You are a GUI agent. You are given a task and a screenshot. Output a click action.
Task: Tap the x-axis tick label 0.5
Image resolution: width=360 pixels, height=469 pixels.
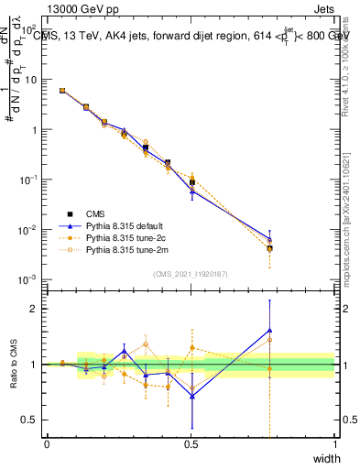pyautogui.click(x=191, y=444)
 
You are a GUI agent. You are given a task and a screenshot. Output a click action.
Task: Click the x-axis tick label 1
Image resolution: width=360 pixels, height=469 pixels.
pyautogui.click(x=335, y=444)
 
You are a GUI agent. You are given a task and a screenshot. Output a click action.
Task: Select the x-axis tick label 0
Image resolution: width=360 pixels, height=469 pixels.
pyautogui.click(x=47, y=444)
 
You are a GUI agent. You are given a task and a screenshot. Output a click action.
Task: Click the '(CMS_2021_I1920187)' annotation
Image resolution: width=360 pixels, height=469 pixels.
pyautogui.click(x=191, y=274)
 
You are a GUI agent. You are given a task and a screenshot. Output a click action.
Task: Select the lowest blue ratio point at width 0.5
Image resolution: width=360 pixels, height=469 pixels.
pyautogui.click(x=191, y=396)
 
